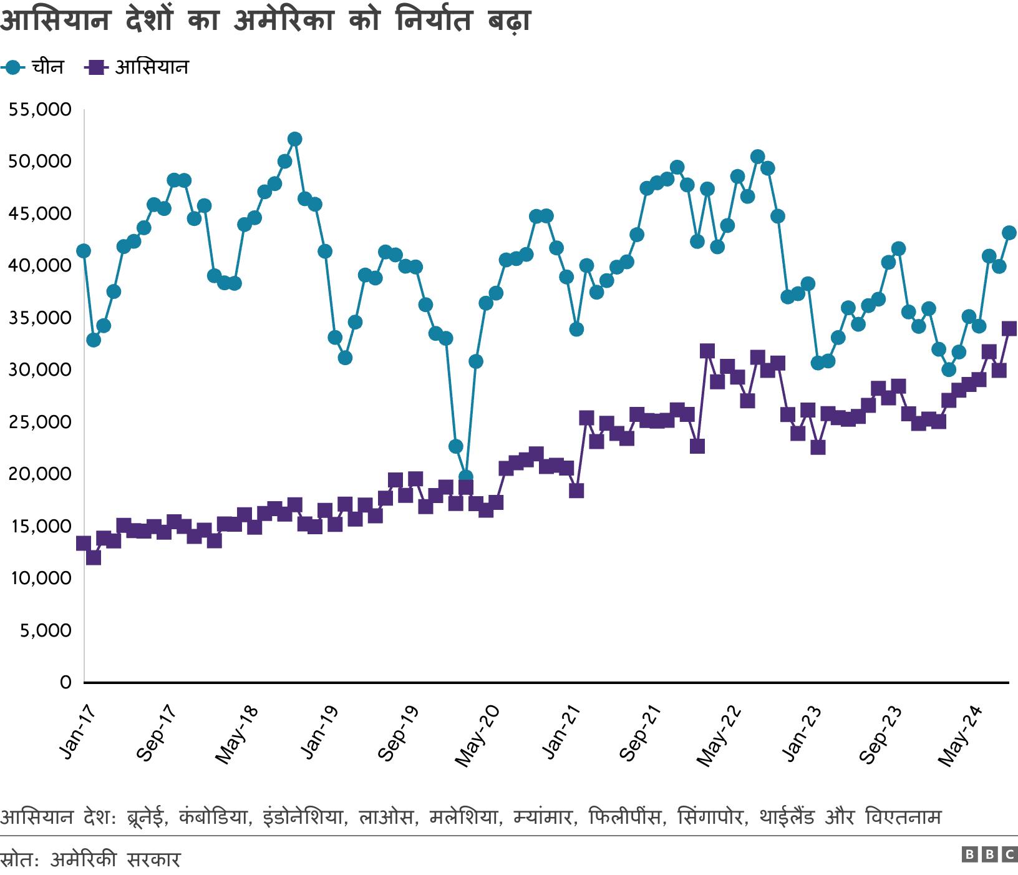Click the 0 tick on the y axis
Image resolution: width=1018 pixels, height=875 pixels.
click(x=65, y=682)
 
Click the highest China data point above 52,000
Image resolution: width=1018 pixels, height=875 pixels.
click(x=295, y=139)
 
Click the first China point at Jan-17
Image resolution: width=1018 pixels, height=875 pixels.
click(x=84, y=251)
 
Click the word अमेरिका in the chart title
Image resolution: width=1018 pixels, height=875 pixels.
click(x=283, y=21)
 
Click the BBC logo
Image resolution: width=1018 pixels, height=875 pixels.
click(x=989, y=854)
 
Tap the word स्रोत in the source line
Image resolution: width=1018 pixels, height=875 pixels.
click(x=19, y=859)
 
